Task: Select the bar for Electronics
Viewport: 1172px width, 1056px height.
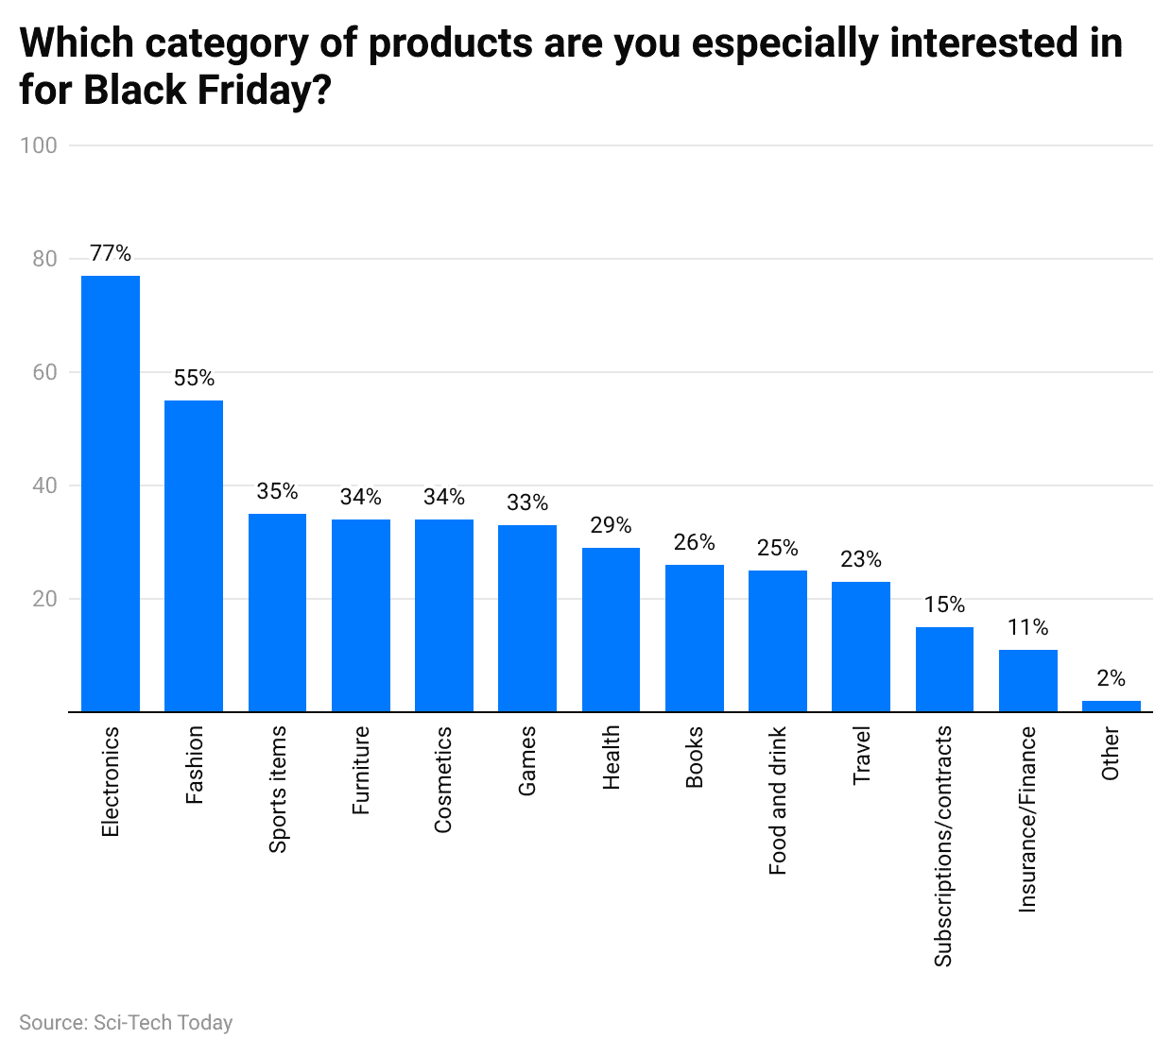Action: tap(111, 493)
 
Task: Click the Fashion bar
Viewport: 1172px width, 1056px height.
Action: tap(194, 555)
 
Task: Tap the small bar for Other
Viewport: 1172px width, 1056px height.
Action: tap(1111, 706)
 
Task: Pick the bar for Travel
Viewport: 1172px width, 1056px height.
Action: tap(861, 646)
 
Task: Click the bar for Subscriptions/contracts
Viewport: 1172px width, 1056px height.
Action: tap(944, 669)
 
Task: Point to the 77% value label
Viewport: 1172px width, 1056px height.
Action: tap(111, 253)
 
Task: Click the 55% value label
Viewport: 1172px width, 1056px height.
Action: tap(194, 378)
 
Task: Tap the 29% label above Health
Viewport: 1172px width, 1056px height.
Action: tap(611, 525)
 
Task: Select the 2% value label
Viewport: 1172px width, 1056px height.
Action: tap(1111, 678)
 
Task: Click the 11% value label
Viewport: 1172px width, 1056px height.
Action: tap(1027, 627)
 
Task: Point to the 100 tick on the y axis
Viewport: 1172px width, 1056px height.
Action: tap(39, 145)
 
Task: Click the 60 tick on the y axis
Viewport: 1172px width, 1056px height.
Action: tap(44, 372)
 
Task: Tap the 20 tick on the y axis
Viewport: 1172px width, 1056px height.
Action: tap(44, 599)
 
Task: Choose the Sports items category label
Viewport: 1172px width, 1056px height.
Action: tap(277, 790)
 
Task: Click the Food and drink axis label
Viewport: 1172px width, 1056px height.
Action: tap(778, 801)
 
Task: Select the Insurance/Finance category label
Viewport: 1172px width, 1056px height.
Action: tap(1027, 819)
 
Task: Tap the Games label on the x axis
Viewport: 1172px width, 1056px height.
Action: tap(527, 760)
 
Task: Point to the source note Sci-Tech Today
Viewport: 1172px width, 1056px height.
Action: tap(126, 1023)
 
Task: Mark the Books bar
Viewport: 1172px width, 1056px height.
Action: tap(694, 638)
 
